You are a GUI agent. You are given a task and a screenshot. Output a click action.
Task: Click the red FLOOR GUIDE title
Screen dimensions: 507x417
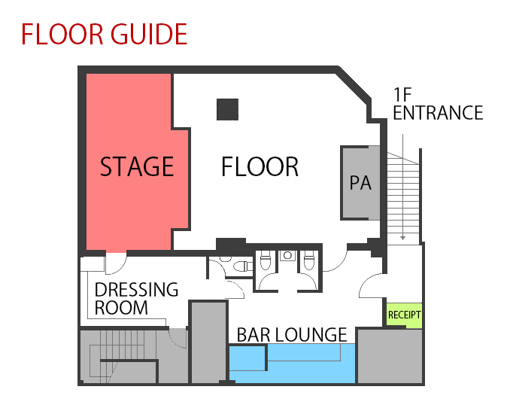(104, 34)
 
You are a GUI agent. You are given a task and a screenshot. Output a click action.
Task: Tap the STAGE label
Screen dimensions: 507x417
(137, 166)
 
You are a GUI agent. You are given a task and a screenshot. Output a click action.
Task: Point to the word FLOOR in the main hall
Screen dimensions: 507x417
(260, 166)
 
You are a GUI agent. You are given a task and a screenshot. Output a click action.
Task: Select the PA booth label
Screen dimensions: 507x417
(360, 183)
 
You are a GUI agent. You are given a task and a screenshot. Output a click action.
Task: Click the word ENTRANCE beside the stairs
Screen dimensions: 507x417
(438, 113)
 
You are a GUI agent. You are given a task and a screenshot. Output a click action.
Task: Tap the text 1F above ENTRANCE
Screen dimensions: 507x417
(402, 94)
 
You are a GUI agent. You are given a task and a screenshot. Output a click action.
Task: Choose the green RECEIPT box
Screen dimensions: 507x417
(405, 315)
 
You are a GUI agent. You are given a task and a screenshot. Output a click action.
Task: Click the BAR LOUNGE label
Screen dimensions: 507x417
(292, 335)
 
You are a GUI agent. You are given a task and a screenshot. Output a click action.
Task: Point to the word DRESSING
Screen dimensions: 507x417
(136, 290)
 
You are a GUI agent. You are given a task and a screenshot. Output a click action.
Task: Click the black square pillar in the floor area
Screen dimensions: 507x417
(227, 109)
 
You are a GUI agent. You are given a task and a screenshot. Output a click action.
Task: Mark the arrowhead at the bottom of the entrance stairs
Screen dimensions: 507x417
(402, 238)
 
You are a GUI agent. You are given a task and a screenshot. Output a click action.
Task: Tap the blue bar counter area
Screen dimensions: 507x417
(292, 364)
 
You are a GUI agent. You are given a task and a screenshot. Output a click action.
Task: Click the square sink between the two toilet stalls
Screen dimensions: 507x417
(287, 256)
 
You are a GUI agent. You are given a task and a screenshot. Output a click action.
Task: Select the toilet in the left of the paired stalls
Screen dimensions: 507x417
(265, 261)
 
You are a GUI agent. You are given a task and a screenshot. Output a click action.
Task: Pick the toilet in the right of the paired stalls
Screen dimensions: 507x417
(309, 261)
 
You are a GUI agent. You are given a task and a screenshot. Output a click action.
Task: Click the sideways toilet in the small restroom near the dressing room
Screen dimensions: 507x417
(242, 266)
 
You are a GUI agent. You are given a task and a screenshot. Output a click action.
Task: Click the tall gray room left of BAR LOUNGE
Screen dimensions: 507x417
(208, 342)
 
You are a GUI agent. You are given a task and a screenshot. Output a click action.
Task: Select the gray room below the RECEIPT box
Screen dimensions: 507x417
(390, 356)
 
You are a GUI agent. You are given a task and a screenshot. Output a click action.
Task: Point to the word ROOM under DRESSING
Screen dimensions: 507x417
(121, 308)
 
